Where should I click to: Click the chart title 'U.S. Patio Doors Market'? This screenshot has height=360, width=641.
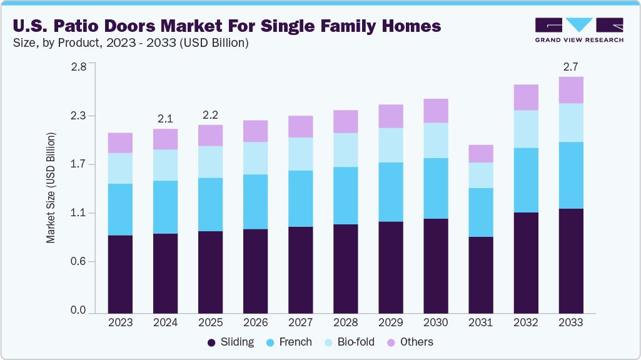[x=226, y=26]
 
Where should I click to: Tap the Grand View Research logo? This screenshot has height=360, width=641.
[x=578, y=29]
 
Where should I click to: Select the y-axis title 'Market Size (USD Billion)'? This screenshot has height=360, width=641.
[x=51, y=188]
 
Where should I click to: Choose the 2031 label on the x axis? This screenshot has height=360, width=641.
[x=481, y=322]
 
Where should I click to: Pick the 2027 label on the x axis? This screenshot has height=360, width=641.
[x=300, y=322]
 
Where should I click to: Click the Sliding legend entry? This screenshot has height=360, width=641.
[x=230, y=342]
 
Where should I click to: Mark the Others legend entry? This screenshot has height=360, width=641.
[x=410, y=342]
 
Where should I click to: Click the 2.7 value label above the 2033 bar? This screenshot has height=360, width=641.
[x=571, y=66]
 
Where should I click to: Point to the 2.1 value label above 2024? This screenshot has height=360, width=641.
[x=165, y=117]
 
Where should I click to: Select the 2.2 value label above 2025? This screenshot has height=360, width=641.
[x=210, y=114]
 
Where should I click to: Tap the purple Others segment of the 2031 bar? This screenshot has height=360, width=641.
[x=481, y=154]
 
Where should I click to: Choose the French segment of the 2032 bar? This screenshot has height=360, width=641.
[x=526, y=180]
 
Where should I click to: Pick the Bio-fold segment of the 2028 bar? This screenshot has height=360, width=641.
[x=345, y=150]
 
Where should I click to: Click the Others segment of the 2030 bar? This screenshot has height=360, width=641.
[x=436, y=111]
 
